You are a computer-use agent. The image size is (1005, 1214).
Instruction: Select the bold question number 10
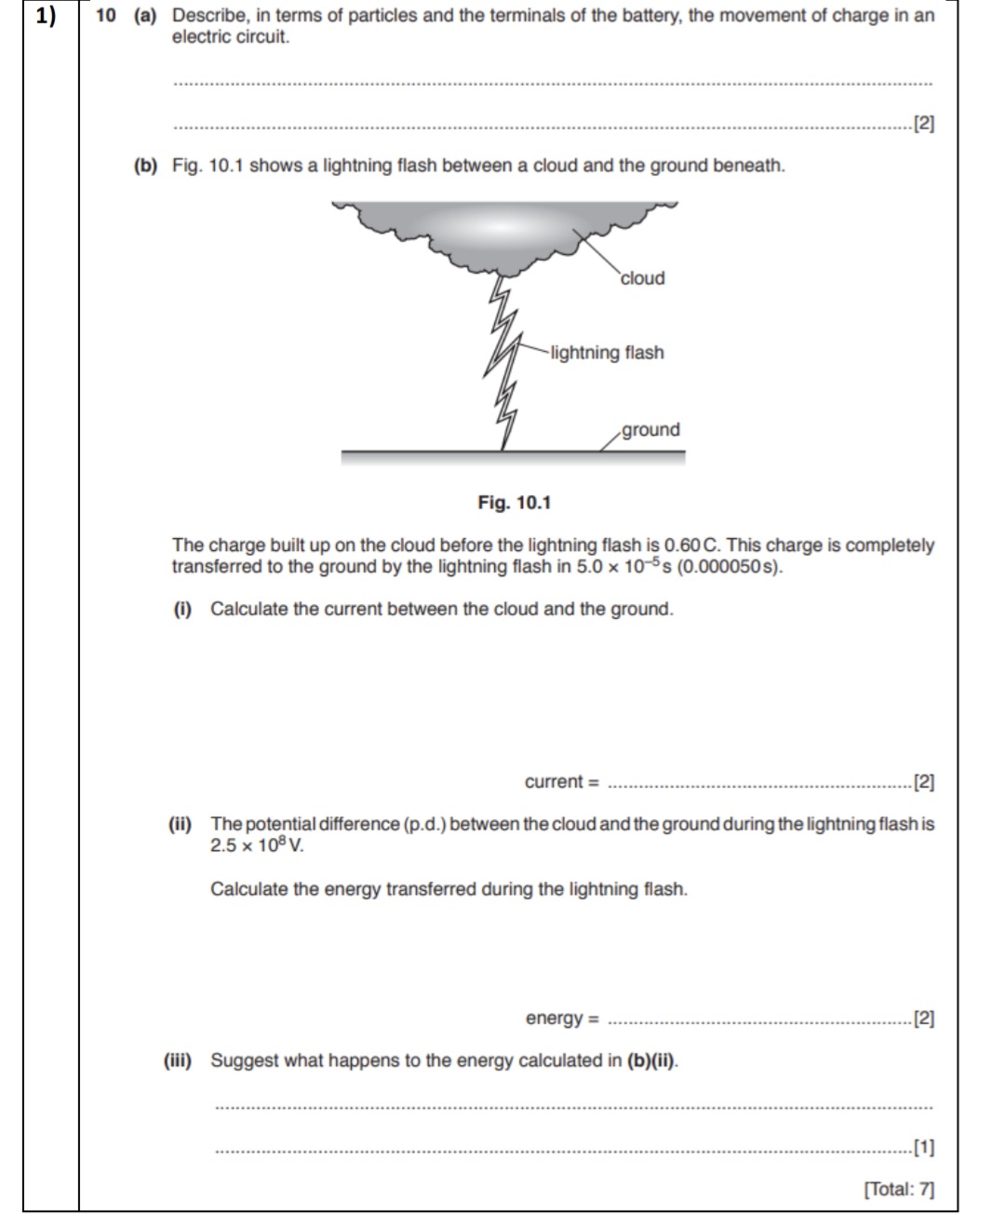coord(104,16)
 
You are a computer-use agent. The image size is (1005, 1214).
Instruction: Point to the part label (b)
coord(145,166)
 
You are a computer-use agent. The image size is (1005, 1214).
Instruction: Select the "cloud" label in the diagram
coord(642,278)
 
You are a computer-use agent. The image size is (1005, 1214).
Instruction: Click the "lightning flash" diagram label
coord(607,353)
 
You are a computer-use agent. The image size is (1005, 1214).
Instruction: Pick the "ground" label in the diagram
coord(650,430)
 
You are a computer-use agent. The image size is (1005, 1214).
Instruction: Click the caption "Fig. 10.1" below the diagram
coord(514,503)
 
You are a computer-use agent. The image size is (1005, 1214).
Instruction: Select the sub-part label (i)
coord(182,609)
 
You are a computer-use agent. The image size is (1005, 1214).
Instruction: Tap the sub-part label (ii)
coord(180,824)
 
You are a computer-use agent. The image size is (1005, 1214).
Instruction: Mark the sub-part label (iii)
coord(178,1060)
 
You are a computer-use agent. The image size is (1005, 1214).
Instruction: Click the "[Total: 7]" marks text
coord(898,1189)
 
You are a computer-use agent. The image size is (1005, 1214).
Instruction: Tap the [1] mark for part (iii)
coord(923,1147)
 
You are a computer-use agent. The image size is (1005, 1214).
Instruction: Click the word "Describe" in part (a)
coord(207,16)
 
